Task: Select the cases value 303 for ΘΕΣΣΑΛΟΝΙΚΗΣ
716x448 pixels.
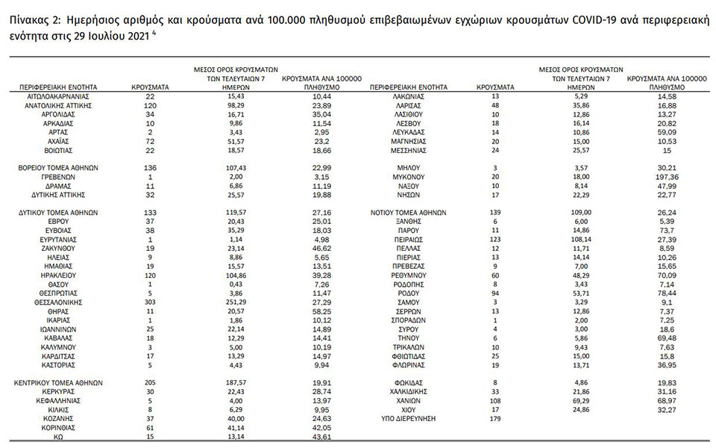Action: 150,303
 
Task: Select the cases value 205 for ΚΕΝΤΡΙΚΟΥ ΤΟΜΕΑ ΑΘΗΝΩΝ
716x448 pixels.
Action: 150,382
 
